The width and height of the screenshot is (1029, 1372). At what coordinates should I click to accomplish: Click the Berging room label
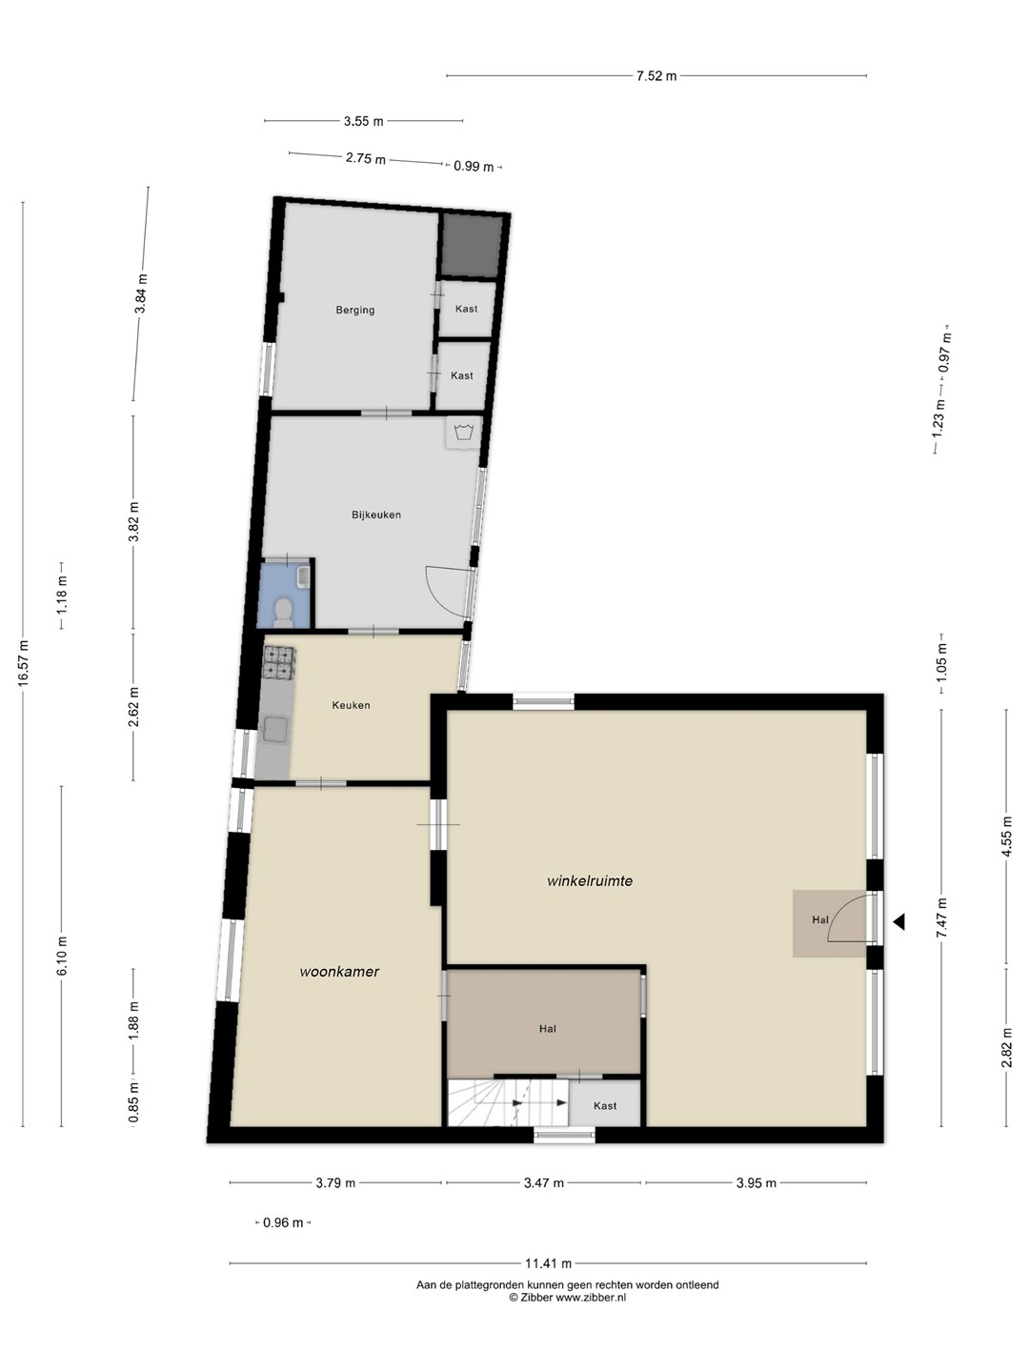tap(354, 310)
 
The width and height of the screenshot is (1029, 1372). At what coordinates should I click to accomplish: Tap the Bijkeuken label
tap(376, 514)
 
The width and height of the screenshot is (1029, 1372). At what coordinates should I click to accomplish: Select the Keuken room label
tap(352, 705)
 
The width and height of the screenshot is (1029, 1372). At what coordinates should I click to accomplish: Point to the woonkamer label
tap(339, 971)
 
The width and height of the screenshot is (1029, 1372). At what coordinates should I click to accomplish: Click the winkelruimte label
tap(590, 880)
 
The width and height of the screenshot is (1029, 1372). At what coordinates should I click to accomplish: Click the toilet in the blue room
tap(284, 611)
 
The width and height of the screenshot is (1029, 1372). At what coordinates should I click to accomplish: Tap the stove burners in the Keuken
tap(278, 662)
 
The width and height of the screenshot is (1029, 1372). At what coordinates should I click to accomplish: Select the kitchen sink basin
tap(275, 731)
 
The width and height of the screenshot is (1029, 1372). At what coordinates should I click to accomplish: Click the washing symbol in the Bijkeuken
tap(463, 433)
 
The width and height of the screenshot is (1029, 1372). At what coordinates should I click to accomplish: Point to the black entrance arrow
tap(898, 921)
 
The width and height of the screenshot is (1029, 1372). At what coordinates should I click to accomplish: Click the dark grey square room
tap(472, 246)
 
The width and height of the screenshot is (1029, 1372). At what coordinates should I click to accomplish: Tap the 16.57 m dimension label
tap(23, 663)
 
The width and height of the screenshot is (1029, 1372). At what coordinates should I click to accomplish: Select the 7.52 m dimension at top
tap(656, 76)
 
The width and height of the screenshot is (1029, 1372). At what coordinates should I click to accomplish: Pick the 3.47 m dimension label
tap(543, 1182)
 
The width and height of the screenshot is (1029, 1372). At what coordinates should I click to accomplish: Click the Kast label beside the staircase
tap(605, 1105)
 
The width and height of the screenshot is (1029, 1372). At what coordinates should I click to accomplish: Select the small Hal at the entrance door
tap(829, 923)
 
